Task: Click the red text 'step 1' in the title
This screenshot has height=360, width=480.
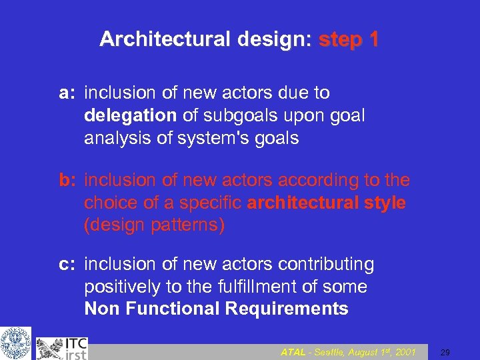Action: [349, 40]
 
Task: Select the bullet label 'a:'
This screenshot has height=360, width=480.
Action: [67, 93]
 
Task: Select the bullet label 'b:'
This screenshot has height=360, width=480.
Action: [67, 181]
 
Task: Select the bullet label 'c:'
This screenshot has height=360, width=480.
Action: [67, 265]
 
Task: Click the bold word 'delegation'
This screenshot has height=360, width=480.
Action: [130, 115]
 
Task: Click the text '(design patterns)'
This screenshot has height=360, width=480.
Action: [154, 225]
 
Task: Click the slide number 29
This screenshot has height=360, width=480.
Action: [446, 351]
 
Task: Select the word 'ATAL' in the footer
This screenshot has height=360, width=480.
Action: [293, 351]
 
